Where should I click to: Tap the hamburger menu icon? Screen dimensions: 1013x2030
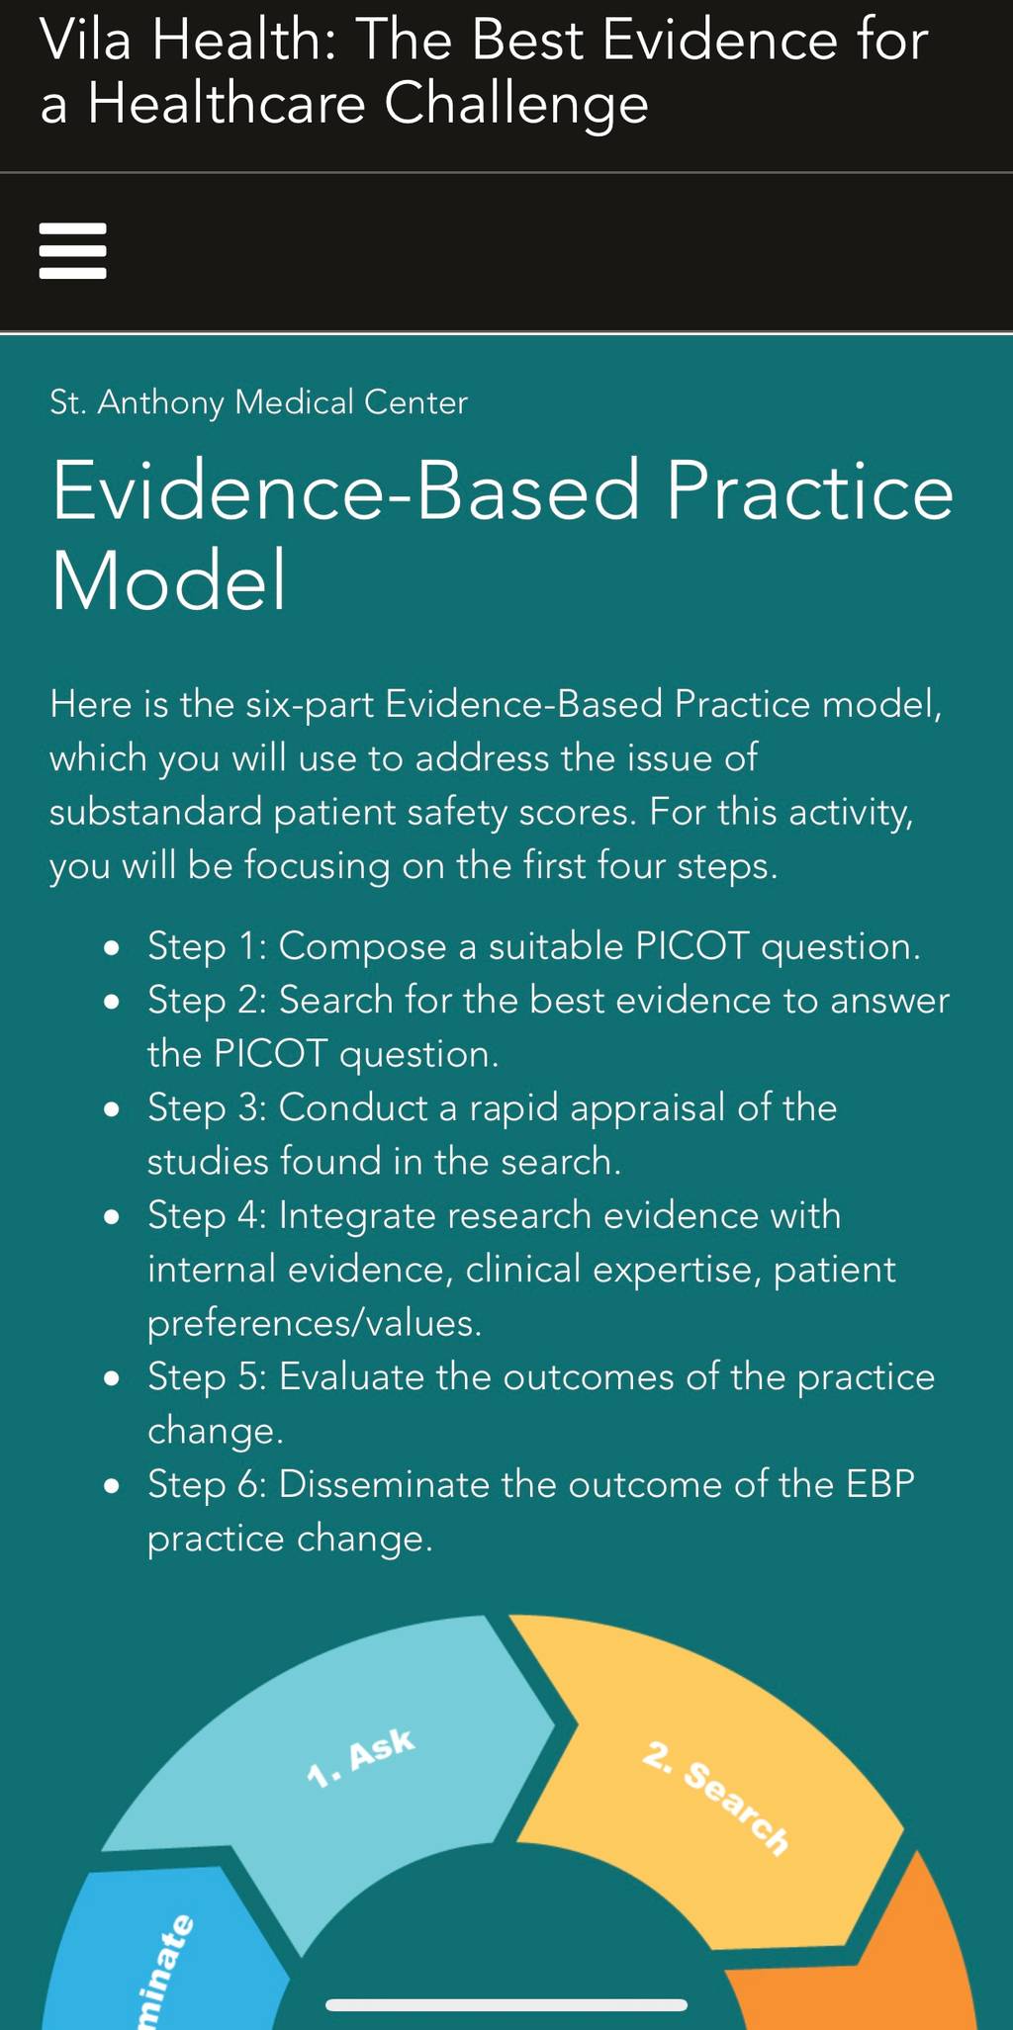coord(72,251)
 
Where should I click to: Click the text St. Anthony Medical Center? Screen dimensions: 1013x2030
coord(258,402)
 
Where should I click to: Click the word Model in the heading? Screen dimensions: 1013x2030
coord(169,580)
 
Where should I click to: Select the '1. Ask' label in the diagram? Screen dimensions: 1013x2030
coord(360,1758)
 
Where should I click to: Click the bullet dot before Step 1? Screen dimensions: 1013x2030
coord(113,948)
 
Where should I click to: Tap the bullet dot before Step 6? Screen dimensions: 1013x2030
coord(113,1486)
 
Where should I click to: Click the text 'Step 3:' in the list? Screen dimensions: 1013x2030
coord(207,1107)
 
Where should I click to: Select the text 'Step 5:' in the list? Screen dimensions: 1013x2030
coord(207,1376)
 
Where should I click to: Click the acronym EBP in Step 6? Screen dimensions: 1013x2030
coord(880,1484)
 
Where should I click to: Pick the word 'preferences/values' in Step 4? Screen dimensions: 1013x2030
coord(315,1323)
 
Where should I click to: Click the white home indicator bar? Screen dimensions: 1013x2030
coord(506,2005)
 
